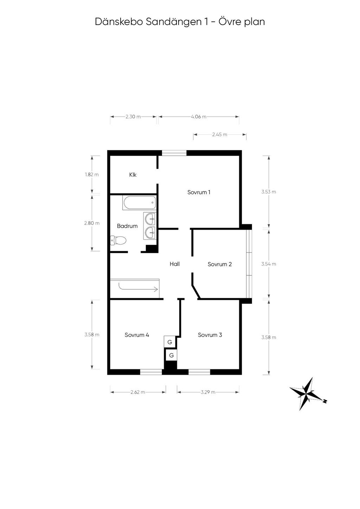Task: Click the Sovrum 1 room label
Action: pyautogui.click(x=199, y=192)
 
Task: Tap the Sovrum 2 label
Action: pyautogui.click(x=219, y=264)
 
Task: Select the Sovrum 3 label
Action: pyautogui.click(x=210, y=335)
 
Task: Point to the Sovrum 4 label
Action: pyautogui.click(x=137, y=335)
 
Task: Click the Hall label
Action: pyautogui.click(x=175, y=264)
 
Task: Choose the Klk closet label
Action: pyautogui.click(x=133, y=175)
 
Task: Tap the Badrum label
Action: pyautogui.click(x=127, y=226)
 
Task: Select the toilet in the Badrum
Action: pyautogui.click(x=118, y=241)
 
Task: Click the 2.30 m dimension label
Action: pyautogui.click(x=133, y=117)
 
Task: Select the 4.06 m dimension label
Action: pyautogui.click(x=199, y=117)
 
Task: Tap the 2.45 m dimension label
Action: pyautogui.click(x=220, y=135)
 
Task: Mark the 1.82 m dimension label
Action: pyautogui.click(x=92, y=174)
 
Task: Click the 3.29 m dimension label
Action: pyautogui.click(x=208, y=392)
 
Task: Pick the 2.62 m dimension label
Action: pyautogui.click(x=138, y=392)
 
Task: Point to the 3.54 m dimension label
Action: pyautogui.click(x=269, y=264)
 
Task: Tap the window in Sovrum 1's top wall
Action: pyautogui.click(x=174, y=152)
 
